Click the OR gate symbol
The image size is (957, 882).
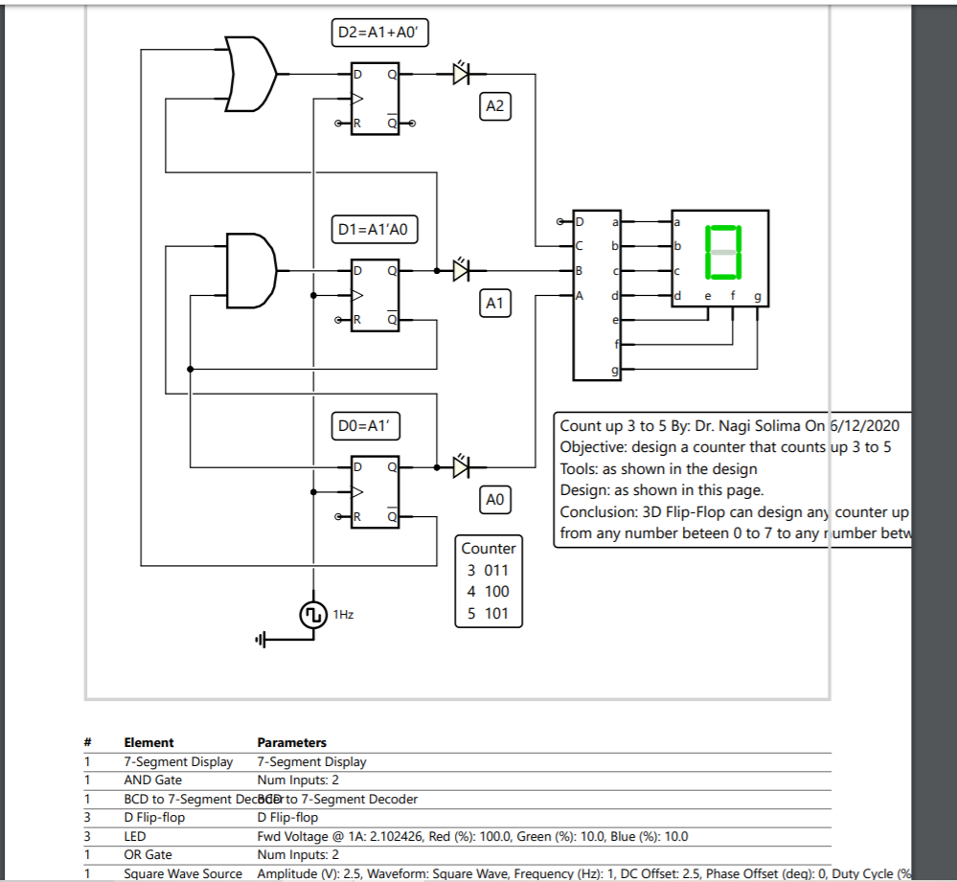click(x=252, y=74)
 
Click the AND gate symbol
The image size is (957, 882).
click(x=250, y=270)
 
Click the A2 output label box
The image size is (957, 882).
click(x=494, y=106)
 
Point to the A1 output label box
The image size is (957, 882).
click(x=494, y=304)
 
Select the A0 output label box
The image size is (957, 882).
click(x=494, y=500)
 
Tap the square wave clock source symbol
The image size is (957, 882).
click(x=313, y=615)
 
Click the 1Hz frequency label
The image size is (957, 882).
click(x=343, y=615)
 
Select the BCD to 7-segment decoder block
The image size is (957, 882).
click(x=597, y=294)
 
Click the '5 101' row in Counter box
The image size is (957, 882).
click(x=489, y=614)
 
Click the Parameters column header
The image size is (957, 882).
click(x=292, y=742)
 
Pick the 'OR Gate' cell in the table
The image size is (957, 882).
click(x=148, y=854)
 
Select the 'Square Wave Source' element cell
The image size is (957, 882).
click(x=183, y=873)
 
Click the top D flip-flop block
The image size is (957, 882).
click(x=376, y=99)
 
